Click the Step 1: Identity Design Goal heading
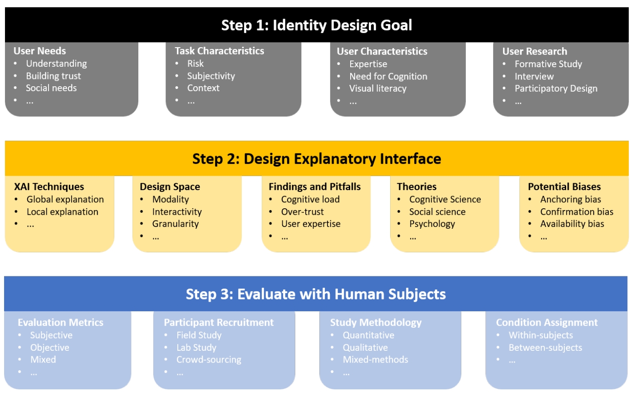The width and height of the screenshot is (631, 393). point(317,25)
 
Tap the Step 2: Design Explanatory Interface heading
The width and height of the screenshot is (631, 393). point(317,158)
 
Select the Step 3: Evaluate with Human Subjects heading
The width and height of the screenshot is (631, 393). point(316,294)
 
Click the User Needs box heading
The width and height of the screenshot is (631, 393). point(39,51)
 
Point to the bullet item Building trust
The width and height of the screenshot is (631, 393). point(53,76)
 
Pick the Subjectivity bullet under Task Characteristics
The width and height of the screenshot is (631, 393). point(211,76)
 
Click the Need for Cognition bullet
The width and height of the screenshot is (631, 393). point(388,76)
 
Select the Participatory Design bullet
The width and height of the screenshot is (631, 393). point(556,88)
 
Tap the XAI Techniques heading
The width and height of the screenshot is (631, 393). point(49,187)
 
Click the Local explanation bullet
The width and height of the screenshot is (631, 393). point(62,211)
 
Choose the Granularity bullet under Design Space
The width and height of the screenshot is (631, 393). point(175,224)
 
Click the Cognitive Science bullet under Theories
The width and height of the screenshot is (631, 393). point(445,199)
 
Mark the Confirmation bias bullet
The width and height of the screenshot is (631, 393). point(577,211)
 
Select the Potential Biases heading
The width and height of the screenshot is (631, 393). point(564,187)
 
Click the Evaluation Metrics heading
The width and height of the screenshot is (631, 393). point(60,322)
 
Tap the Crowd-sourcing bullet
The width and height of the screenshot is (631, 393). point(209,359)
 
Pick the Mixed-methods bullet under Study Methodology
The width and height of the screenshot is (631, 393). point(375,359)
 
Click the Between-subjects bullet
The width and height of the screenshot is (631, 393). point(545,348)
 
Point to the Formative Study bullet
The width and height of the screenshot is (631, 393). point(548,64)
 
